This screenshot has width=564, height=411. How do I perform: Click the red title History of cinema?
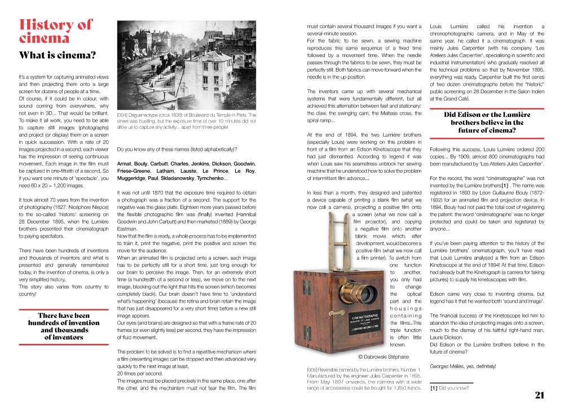[55, 31]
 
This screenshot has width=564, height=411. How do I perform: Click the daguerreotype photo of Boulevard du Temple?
[186, 65]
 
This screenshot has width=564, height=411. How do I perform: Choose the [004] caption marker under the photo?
[123, 115]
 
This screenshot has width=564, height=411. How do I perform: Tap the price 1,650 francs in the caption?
[405, 388]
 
